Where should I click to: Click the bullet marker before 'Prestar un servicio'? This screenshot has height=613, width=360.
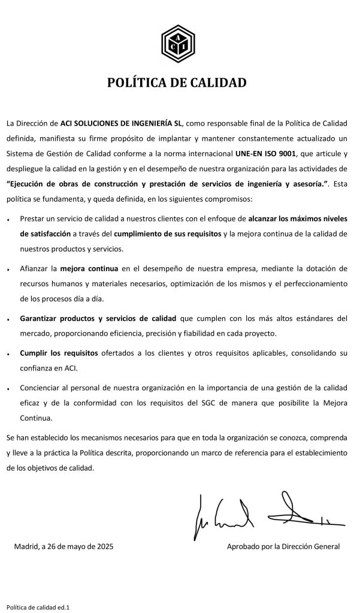click(8, 221)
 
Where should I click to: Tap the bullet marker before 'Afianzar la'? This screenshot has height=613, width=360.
click(8, 269)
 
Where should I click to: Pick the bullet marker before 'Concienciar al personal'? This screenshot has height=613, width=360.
click(8, 389)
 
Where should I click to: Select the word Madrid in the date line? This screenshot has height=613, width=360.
click(25, 546)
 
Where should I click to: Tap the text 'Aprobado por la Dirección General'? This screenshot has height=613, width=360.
click(283, 546)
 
